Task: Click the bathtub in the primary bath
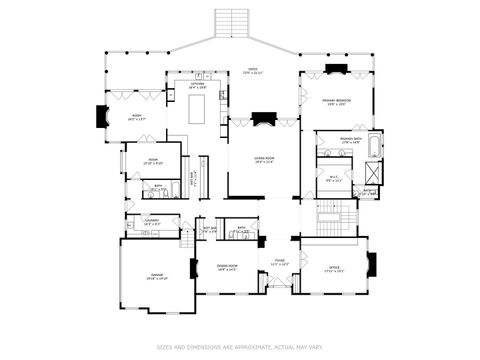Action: pyautogui.click(x=374, y=146)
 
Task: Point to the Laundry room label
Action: pyautogui.click(x=152, y=222)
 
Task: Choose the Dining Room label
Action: pyautogui.click(x=227, y=267)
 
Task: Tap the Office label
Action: pyautogui.click(x=334, y=267)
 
